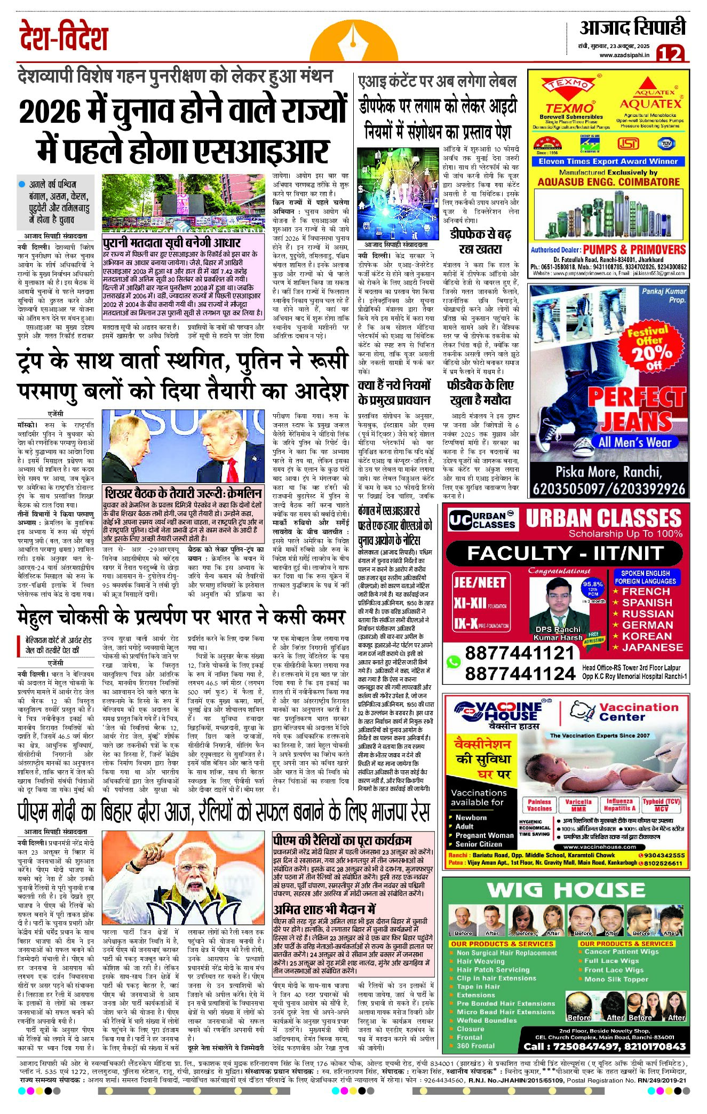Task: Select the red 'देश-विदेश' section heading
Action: click(63, 36)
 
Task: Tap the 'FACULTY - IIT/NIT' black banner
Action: click(566, 554)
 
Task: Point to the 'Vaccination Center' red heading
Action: click(638, 712)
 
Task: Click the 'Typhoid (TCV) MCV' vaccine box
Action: click(661, 805)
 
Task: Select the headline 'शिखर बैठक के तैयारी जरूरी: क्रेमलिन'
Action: click(183, 493)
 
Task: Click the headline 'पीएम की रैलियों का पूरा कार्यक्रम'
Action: click(342, 840)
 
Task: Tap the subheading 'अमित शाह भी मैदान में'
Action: click(324, 910)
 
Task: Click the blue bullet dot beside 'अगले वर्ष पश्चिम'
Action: click(22, 184)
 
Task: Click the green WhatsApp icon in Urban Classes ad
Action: click(454, 662)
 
